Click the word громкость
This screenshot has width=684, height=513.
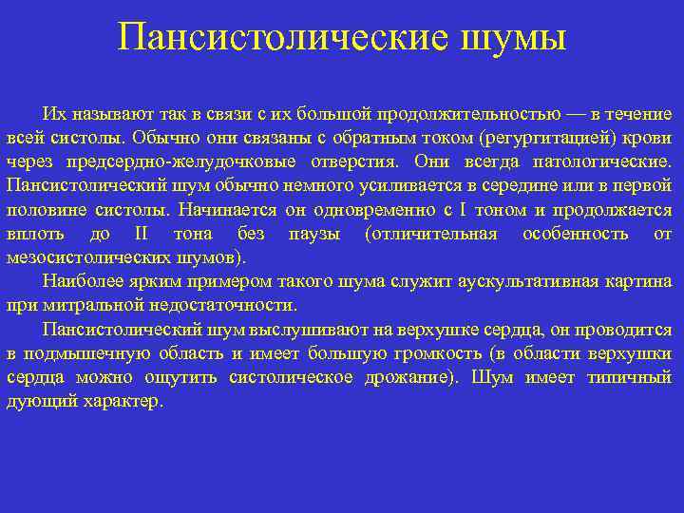[430, 353]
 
